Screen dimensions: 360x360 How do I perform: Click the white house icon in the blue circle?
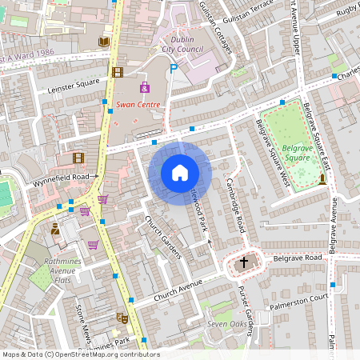[180, 173]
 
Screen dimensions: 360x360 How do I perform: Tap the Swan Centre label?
[138, 104]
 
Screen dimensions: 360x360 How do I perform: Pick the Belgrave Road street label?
[296, 258]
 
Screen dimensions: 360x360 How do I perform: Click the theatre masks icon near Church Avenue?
[122, 318]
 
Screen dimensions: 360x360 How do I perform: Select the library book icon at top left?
[102, 42]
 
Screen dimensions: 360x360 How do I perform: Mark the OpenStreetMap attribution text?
[81, 354]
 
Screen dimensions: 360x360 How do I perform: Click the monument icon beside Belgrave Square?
[322, 178]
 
